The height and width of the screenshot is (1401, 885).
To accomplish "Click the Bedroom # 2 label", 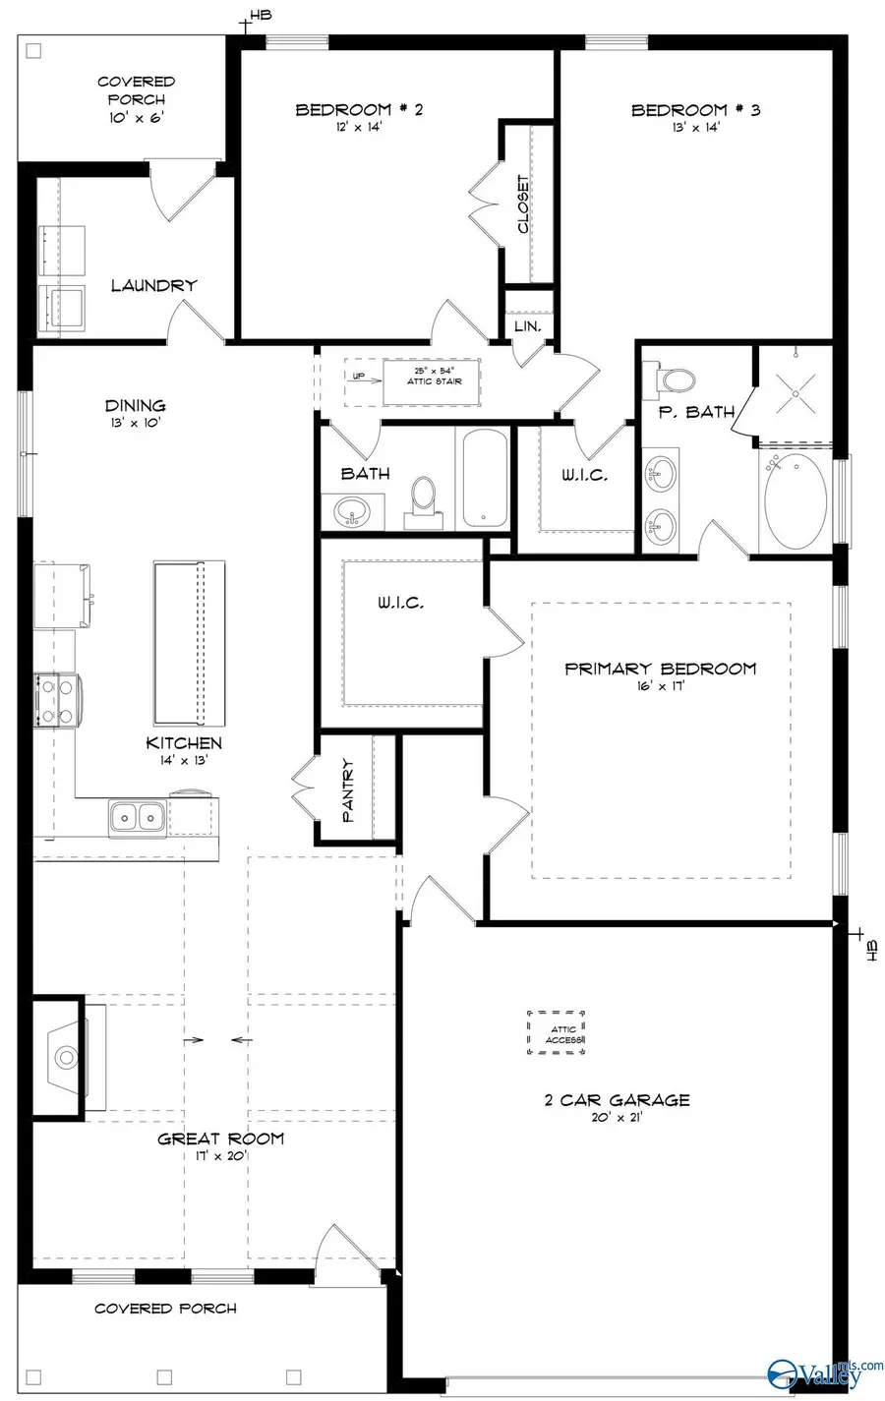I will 359,109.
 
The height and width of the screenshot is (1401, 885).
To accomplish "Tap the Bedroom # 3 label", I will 695,109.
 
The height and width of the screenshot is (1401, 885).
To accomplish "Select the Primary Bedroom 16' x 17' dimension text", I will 659,685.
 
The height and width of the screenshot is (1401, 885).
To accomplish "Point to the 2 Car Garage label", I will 617,1100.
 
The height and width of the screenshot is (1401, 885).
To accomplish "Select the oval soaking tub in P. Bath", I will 796,501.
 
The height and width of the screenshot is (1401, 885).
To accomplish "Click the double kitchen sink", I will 137,815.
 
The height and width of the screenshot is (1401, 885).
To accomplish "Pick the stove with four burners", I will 54,700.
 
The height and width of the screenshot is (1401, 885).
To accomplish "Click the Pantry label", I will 349,789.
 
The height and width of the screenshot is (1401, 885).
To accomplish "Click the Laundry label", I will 153,285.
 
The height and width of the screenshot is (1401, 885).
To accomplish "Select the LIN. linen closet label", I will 528,326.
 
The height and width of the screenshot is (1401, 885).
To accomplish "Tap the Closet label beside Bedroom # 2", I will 523,204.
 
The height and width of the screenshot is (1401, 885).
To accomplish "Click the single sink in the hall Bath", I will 353,511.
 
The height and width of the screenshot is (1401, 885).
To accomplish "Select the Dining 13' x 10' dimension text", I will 136,423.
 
